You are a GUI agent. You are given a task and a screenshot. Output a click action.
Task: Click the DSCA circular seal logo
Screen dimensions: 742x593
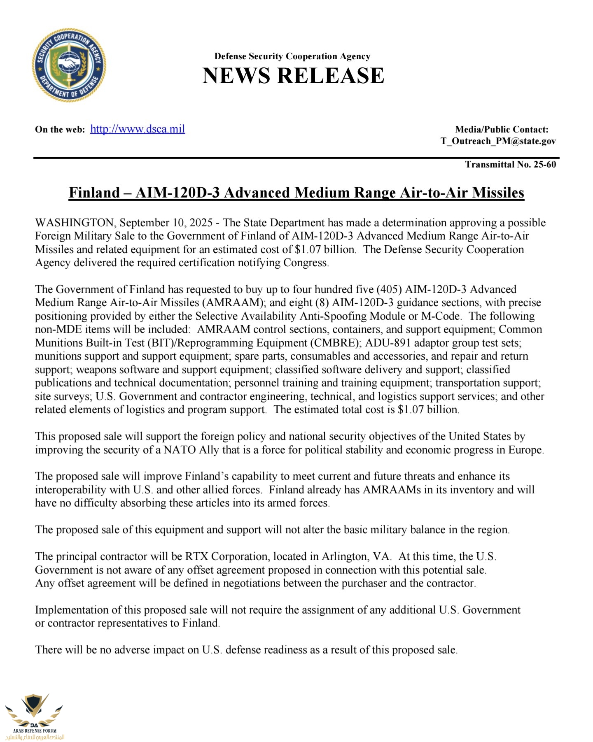pyautogui.click(x=69, y=65)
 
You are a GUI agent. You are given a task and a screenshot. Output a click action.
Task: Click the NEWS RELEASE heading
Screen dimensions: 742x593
pyautogui.click(x=293, y=76)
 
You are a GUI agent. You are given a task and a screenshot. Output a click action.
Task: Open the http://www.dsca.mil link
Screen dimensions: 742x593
pyautogui.click(x=138, y=129)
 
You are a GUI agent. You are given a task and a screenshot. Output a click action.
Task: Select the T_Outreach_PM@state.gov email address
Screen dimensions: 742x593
pyautogui.click(x=498, y=141)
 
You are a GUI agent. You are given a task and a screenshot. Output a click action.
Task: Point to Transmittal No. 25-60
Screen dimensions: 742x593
pyautogui.click(x=510, y=165)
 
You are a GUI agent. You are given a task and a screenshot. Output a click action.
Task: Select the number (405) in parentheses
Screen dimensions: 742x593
pyautogui.click(x=389, y=289)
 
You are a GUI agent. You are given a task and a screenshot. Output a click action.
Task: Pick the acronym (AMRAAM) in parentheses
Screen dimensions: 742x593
pyautogui.click(x=233, y=302)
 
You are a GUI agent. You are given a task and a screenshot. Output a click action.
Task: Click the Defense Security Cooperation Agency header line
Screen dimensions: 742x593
pyautogui.click(x=292, y=56)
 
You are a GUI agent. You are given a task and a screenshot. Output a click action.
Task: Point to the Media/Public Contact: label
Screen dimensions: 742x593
pyautogui.click(x=502, y=130)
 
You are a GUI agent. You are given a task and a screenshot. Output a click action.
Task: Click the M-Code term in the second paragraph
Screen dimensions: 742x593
pyautogui.click(x=440, y=316)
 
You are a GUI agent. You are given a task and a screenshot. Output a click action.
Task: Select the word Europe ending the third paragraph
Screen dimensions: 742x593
pyautogui.click(x=525, y=450)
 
